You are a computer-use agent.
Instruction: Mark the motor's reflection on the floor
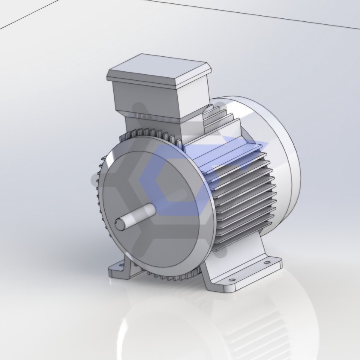pyautogui.click(x=210, y=326)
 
